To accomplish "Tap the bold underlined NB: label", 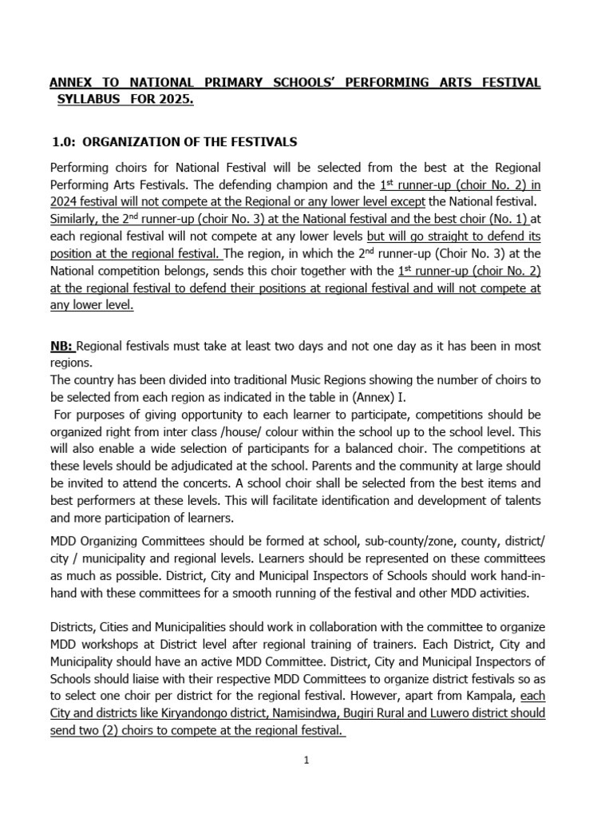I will [x=62, y=346].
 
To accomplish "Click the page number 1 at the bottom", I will [x=306, y=761].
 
